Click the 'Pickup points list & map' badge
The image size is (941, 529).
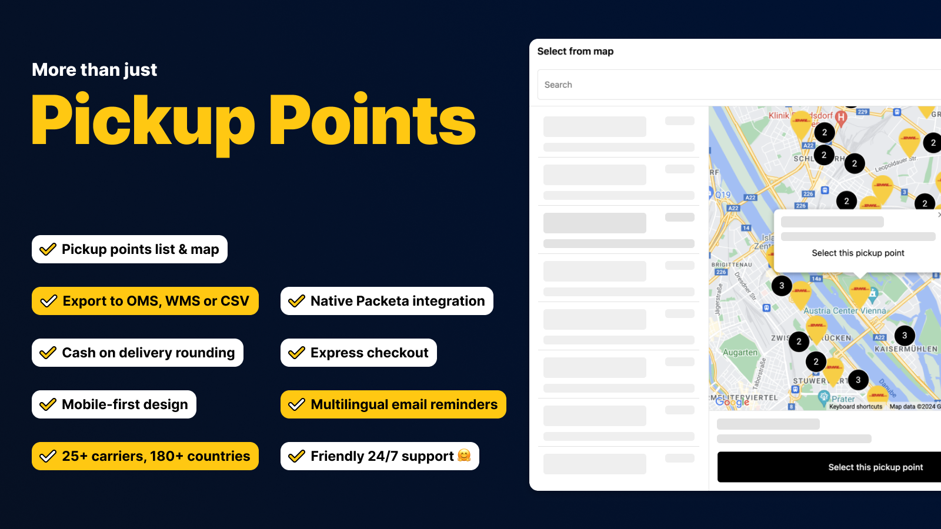click(x=129, y=249)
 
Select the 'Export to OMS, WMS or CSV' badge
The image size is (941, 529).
click(x=145, y=301)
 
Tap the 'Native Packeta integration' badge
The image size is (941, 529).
click(x=387, y=301)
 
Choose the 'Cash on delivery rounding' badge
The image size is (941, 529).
click(x=138, y=353)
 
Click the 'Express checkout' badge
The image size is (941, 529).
click(x=359, y=353)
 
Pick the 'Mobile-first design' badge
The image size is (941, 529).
click(x=114, y=404)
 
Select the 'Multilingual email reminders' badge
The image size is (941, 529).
click(x=393, y=404)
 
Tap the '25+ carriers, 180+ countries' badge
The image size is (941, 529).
click(x=145, y=456)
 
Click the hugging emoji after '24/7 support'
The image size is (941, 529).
click(x=464, y=456)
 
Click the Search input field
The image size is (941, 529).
click(x=735, y=85)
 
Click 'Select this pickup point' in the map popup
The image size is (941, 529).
click(x=857, y=253)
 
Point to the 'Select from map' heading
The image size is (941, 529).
click(x=575, y=51)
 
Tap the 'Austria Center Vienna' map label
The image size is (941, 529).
click(x=845, y=311)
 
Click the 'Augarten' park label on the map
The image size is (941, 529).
click(x=740, y=353)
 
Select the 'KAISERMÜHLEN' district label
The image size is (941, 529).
click(x=906, y=349)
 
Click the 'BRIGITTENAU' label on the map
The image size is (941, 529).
click(x=732, y=264)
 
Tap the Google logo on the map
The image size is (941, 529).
click(x=732, y=402)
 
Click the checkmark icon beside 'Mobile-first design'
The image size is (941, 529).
click(x=48, y=404)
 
